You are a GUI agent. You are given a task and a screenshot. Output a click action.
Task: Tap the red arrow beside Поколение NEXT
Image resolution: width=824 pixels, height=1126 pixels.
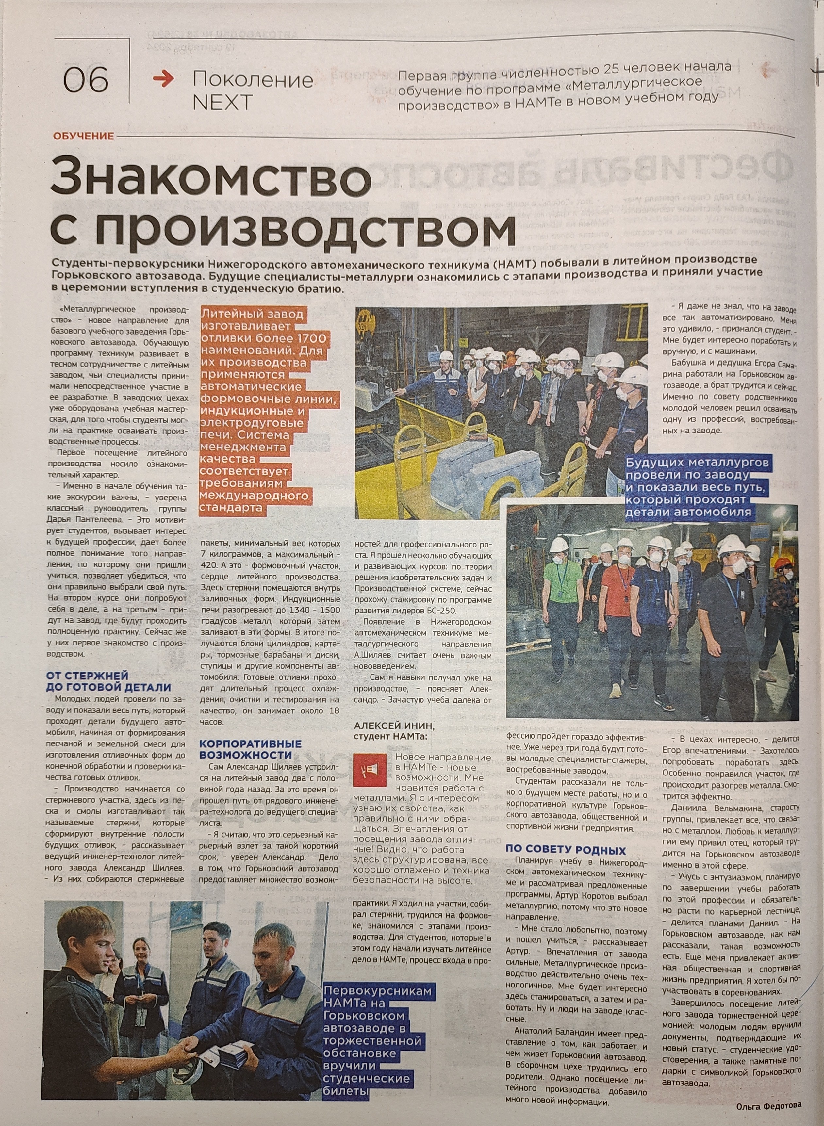[x=164, y=79]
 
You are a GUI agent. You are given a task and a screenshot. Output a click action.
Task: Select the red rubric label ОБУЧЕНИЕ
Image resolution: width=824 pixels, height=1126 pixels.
[x=83, y=136]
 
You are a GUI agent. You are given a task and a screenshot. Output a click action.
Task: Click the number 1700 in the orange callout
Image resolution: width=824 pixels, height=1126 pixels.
[x=310, y=339]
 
